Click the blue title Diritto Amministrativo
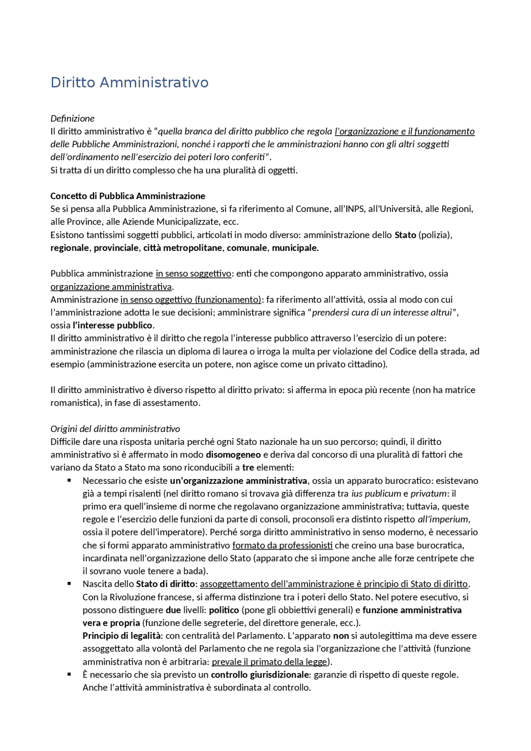click(x=129, y=83)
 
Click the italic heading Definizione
click(x=73, y=119)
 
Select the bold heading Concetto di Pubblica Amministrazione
click(x=128, y=196)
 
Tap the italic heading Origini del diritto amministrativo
click(x=115, y=429)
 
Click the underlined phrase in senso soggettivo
click(x=193, y=274)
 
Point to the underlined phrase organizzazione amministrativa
click(x=111, y=287)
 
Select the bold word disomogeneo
click(x=233, y=455)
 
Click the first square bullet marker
click(x=69, y=481)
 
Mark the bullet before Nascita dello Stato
click(x=69, y=584)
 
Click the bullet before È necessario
click(x=69, y=675)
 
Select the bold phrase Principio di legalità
click(x=121, y=636)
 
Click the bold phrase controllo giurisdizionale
click(x=260, y=675)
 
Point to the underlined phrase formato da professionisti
click(x=282, y=545)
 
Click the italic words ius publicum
click(x=376, y=494)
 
